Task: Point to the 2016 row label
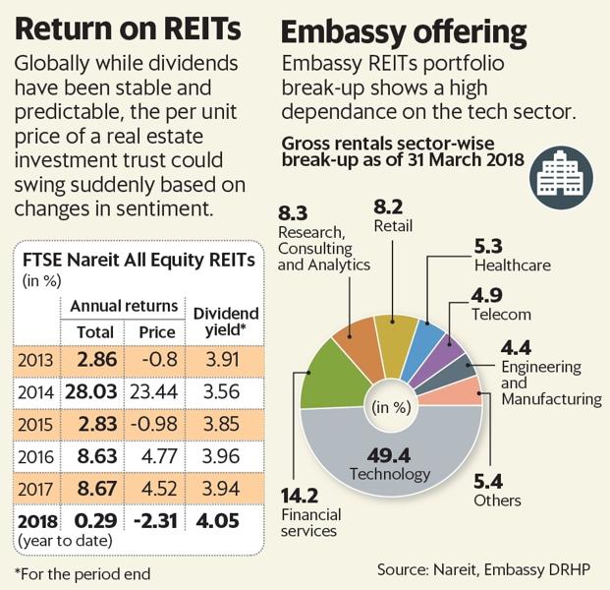pyautogui.click(x=36, y=456)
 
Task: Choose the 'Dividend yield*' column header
pyautogui.click(x=225, y=322)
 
